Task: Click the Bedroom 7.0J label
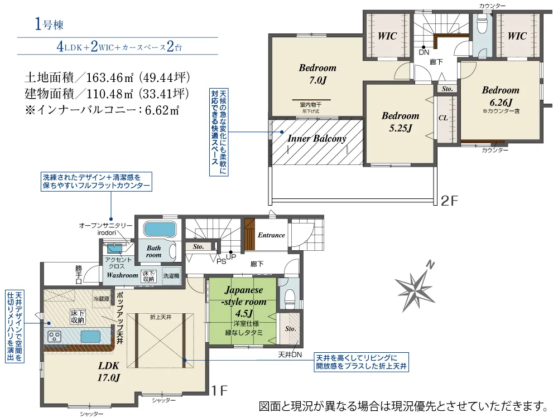(318, 74)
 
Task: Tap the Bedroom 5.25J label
(400, 122)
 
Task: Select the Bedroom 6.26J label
(501, 96)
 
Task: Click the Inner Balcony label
(317, 139)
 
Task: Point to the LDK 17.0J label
(109, 371)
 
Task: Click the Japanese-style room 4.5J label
(244, 302)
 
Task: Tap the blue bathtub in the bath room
(160, 229)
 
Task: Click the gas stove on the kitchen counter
(55, 336)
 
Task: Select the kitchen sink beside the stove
(90, 336)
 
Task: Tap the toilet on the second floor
(482, 24)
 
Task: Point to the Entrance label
(272, 235)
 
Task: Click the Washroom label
(122, 275)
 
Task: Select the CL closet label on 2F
(443, 118)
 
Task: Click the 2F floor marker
(449, 201)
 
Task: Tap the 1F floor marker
(219, 391)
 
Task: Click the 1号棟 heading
(49, 24)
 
